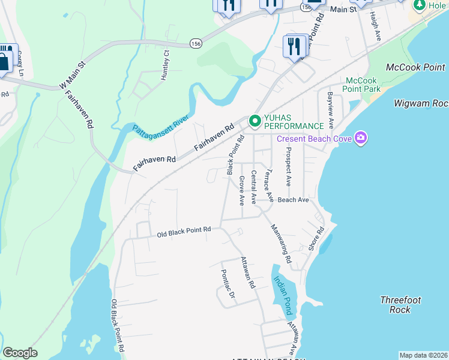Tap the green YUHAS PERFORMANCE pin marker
tap(255, 121)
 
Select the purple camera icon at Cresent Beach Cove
tap(360, 139)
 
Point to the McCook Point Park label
tap(363, 85)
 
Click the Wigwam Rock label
tap(421, 103)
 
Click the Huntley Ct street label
tap(167, 59)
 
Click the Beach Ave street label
tap(293, 200)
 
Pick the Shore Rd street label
tap(316, 238)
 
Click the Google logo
tap(20, 353)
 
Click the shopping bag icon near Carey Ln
tap(4, 62)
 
